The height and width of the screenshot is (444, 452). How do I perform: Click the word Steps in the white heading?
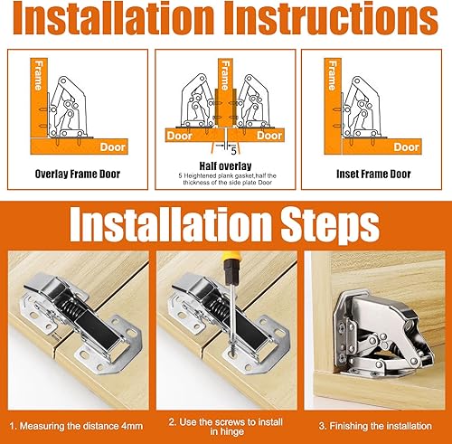[x=330, y=225]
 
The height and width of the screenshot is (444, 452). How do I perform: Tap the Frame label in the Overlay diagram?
[x=39, y=75]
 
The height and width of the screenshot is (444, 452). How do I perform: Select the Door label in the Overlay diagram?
[x=112, y=147]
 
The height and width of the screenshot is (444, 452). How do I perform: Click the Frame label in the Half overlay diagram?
[x=225, y=75]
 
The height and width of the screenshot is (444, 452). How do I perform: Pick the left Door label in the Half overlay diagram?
[x=180, y=136]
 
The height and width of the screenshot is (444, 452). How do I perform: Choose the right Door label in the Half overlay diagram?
[x=269, y=136]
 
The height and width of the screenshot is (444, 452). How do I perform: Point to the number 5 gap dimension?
[x=234, y=151]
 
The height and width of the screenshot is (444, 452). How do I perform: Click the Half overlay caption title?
[x=225, y=166]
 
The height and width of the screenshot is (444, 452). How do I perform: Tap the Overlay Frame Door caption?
[x=78, y=174]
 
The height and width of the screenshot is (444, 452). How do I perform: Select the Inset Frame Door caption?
[x=373, y=174]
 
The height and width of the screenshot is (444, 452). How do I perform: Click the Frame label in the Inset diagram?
[x=333, y=75]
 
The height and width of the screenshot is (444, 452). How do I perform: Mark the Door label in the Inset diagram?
[x=406, y=147]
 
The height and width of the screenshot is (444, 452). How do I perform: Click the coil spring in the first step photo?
[x=72, y=309]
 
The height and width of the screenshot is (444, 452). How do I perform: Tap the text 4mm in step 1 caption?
[x=132, y=426]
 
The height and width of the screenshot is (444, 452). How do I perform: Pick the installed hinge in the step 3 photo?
[x=382, y=335]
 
